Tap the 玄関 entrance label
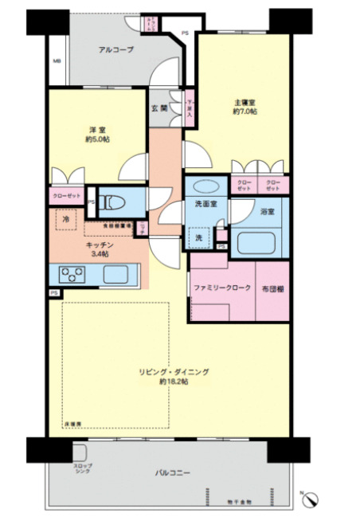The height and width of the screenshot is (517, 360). (x=158, y=108)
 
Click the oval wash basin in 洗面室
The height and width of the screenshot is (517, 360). (x=204, y=186)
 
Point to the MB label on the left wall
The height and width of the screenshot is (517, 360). (x=57, y=61)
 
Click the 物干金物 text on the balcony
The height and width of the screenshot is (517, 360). (x=238, y=503)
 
